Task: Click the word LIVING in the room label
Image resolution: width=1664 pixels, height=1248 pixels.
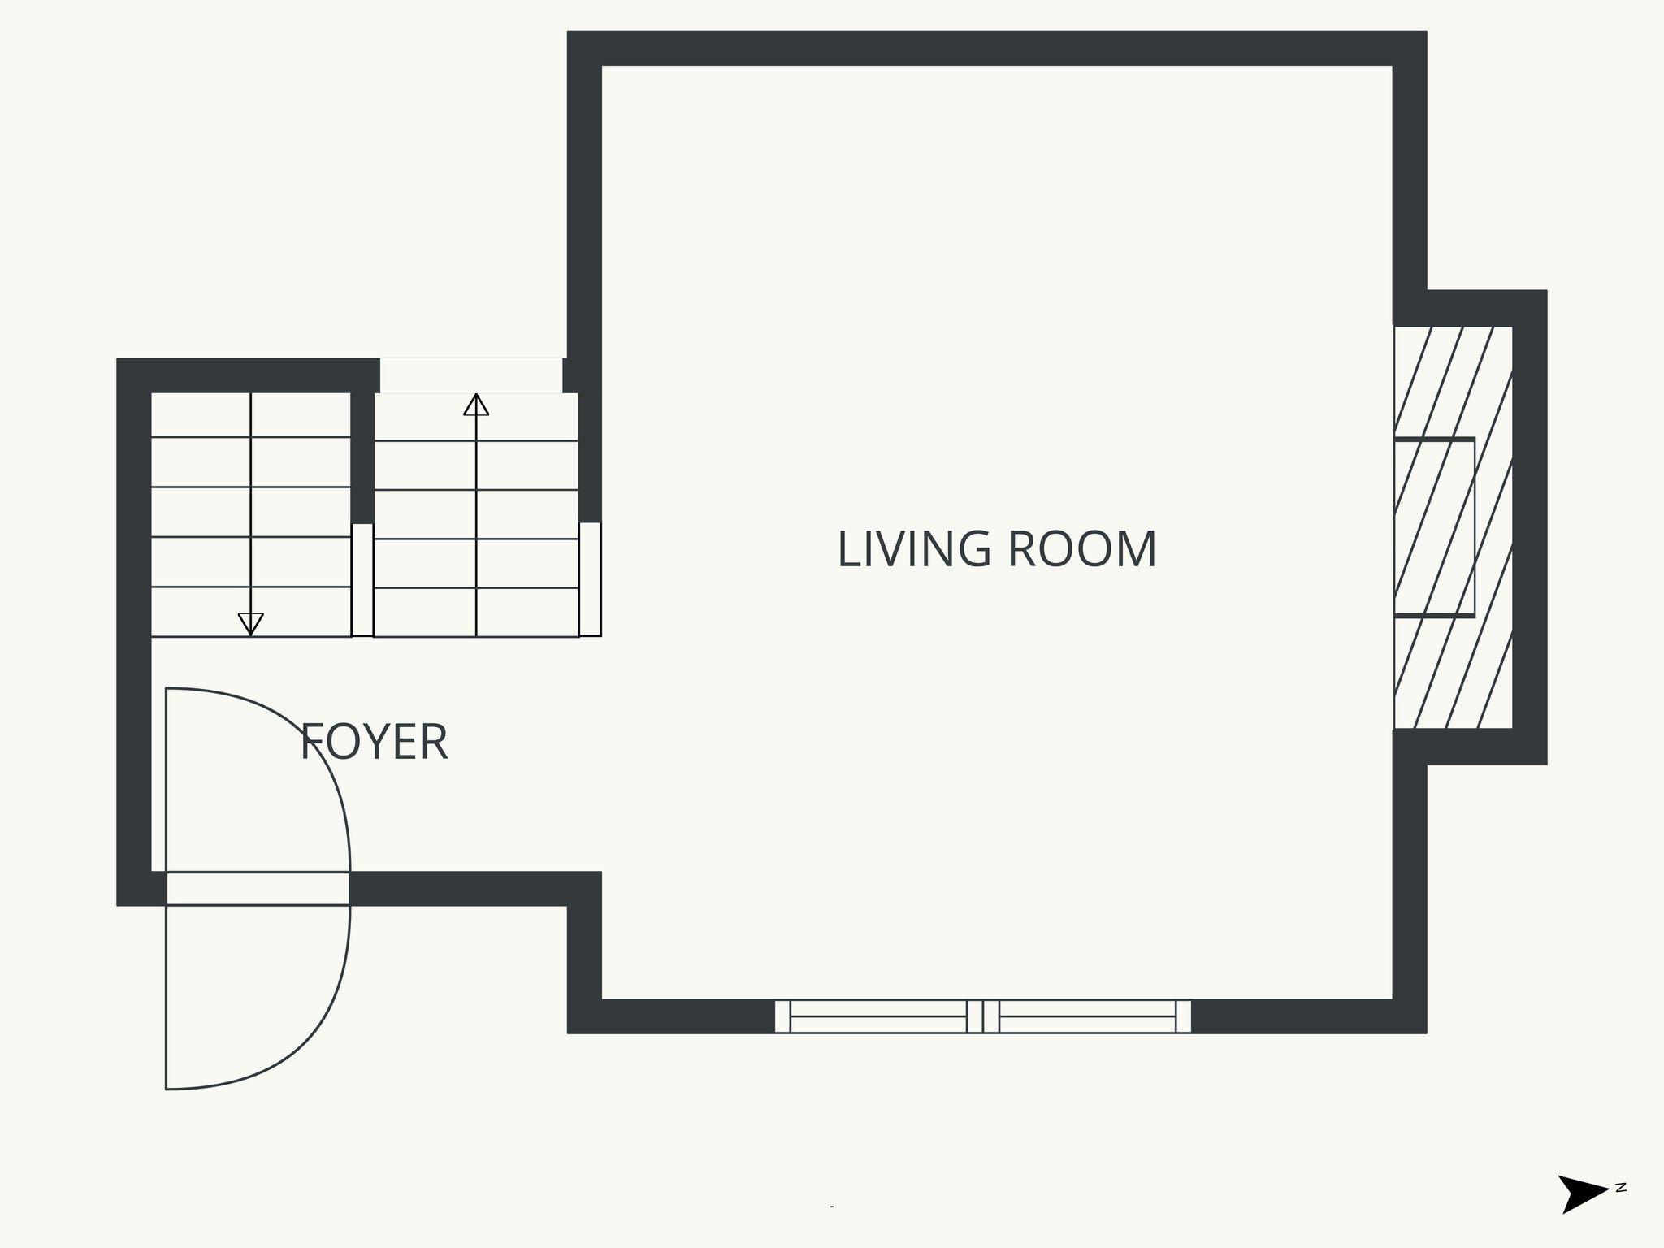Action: click(914, 549)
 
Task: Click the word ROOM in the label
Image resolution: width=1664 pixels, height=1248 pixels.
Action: click(1081, 549)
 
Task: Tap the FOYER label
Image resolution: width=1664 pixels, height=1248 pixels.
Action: click(374, 742)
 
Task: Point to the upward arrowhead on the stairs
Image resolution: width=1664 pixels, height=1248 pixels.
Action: click(476, 405)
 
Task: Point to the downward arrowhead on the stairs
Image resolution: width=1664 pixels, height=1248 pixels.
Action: click(250, 623)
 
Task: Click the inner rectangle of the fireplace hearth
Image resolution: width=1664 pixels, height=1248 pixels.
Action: click(1434, 527)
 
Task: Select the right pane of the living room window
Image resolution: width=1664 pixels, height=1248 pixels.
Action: click(1087, 1016)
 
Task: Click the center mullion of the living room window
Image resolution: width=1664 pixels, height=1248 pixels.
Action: click(983, 1016)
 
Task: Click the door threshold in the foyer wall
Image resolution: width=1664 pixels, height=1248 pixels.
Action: click(258, 888)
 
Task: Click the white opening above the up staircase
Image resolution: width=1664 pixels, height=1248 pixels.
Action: click(471, 375)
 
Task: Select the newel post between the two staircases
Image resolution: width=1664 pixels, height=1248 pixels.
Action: click(362, 579)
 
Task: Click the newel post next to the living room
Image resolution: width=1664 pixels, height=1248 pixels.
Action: click(590, 578)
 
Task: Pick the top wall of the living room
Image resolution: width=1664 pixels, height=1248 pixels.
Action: click(996, 49)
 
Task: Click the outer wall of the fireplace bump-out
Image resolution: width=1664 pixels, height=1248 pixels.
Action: click(1529, 527)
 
